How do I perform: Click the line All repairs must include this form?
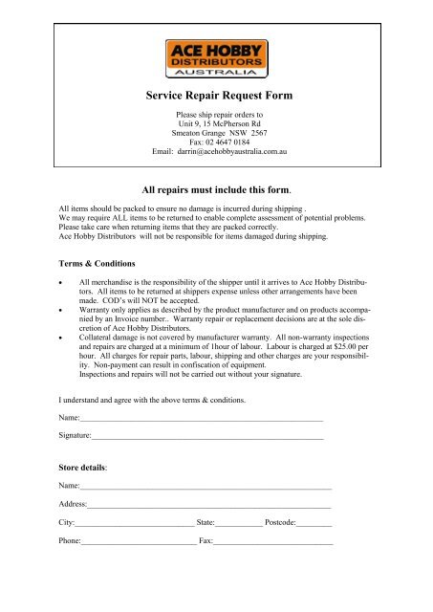coord(216,190)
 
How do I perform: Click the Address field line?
coord(209,505)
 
